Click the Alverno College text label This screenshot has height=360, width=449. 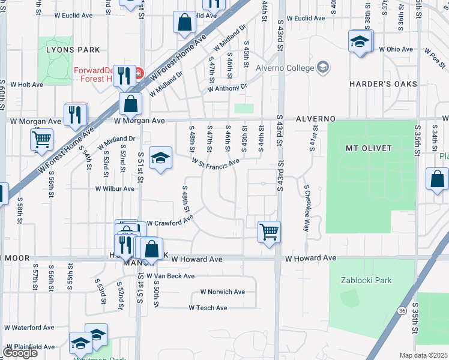pos(285,67)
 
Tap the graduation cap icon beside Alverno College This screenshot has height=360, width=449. pos(324,67)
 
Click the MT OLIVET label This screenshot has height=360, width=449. pos(369,148)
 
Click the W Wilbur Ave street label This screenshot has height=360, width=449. pos(115,188)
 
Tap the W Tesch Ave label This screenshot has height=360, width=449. pos(208,308)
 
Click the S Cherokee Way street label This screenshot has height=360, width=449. pos(307,208)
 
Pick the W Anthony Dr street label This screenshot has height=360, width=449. pos(227,88)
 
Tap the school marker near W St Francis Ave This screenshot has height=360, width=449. pos(160,158)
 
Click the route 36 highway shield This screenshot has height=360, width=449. pos(402,310)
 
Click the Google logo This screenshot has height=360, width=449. pos(20,353)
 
